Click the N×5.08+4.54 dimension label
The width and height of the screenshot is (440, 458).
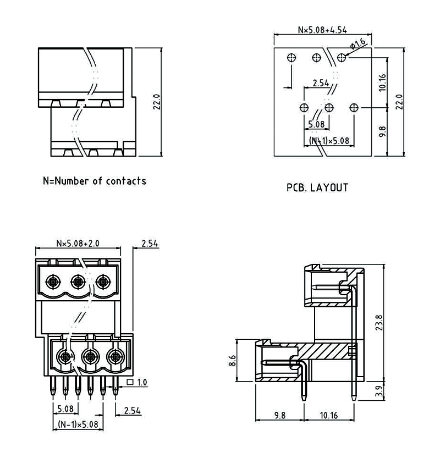[323, 30]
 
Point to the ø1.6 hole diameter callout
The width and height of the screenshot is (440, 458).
[358, 43]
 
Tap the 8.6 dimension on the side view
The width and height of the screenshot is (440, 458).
[232, 361]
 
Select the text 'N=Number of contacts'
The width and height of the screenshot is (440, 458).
[95, 181]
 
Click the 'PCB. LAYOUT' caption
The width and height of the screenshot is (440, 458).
[317, 188]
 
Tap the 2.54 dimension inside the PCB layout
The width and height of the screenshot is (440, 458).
[320, 83]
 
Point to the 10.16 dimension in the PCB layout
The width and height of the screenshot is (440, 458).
[383, 82]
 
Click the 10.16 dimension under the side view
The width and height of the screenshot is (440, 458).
[329, 415]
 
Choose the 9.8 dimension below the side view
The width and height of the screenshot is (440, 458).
[279, 415]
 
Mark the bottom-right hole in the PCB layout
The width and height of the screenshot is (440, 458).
[355, 108]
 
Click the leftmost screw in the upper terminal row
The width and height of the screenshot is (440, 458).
[53, 282]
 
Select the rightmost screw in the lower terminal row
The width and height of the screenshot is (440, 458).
[115, 357]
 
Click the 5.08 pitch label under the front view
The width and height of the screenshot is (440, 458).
[65, 409]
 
